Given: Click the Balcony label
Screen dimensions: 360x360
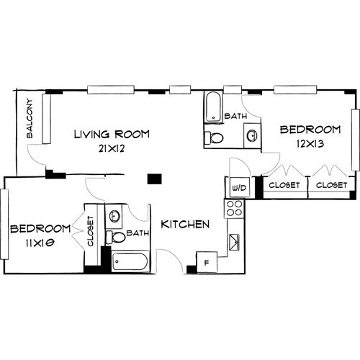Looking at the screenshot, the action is tap(30, 118).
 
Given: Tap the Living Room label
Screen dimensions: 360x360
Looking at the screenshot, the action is tap(112, 134).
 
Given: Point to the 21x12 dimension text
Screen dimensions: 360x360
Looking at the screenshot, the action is tap(112, 148).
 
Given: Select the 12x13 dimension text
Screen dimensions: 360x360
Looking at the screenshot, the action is tap(310, 144).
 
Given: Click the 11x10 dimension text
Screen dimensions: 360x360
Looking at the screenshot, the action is tap(40, 243).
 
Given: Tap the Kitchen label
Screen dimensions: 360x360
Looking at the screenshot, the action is tap(185, 225).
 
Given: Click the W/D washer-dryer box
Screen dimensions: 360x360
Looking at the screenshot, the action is tap(240, 187).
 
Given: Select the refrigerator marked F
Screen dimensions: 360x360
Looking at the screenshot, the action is tap(207, 262).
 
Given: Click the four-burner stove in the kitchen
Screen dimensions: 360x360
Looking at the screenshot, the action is tap(235, 209).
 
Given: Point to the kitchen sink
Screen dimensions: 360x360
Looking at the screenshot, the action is tap(234, 242).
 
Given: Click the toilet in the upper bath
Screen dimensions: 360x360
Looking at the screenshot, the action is tap(214, 138).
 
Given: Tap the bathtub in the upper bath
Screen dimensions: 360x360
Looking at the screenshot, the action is tap(213, 107).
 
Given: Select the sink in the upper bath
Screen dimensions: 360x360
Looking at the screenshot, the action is tap(252, 135).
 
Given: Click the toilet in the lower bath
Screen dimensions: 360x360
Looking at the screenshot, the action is tap(116, 238).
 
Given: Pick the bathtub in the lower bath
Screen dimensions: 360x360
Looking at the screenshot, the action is tap(130, 261).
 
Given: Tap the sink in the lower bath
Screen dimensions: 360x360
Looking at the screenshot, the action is tap(114, 216).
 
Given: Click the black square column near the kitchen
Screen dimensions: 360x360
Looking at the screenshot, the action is tap(154, 179).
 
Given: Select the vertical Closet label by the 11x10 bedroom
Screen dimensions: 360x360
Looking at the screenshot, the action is tap(90, 231).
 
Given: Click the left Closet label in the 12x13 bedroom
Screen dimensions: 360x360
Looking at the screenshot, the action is tap(284, 185).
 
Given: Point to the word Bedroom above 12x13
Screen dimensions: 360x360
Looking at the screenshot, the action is tap(310, 130).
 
